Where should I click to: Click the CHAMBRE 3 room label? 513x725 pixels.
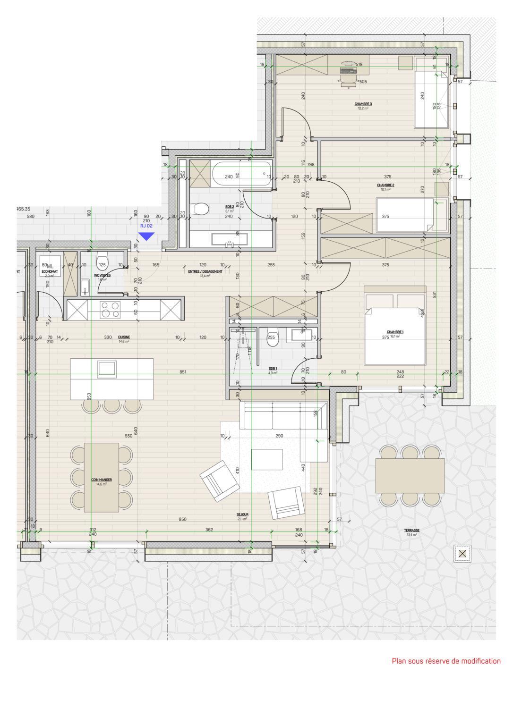pyautogui.click(x=363, y=104)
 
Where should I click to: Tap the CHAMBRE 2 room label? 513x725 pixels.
pyautogui.click(x=385, y=185)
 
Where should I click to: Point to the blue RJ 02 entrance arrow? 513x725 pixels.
pyautogui.click(x=146, y=236)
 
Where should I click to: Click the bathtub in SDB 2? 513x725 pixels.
pyautogui.click(x=241, y=174)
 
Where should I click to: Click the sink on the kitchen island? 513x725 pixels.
pyautogui.click(x=106, y=369)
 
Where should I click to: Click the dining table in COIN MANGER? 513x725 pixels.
pyautogui.click(x=102, y=477)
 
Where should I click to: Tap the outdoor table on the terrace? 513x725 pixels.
pyautogui.click(x=410, y=476)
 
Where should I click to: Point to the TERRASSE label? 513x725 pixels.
pyautogui.click(x=412, y=531)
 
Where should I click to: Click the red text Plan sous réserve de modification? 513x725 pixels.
pyautogui.click(x=446, y=661)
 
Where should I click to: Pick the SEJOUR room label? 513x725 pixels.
pyautogui.click(x=242, y=515)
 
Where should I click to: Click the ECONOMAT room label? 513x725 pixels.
pyautogui.click(x=50, y=272)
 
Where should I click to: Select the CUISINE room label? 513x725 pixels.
pyautogui.click(x=124, y=337)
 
